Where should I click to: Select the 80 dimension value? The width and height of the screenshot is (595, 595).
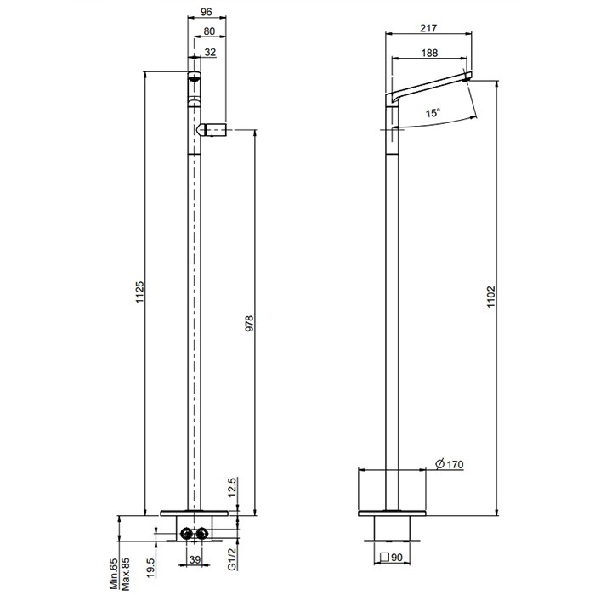pos(210,32)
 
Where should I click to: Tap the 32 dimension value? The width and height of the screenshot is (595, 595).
pos(210,52)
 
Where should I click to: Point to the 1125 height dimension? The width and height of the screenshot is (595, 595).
pos(140,294)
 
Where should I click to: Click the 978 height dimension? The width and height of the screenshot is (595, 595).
pos(249,324)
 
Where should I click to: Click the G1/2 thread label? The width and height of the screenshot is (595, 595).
pos(231,558)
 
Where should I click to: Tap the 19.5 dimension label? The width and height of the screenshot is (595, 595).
pos(150,567)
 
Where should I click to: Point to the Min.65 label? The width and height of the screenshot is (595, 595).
pos(114,574)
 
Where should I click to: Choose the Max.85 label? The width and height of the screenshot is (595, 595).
pos(125,574)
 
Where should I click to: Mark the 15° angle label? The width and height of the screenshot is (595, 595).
pos(433,113)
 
